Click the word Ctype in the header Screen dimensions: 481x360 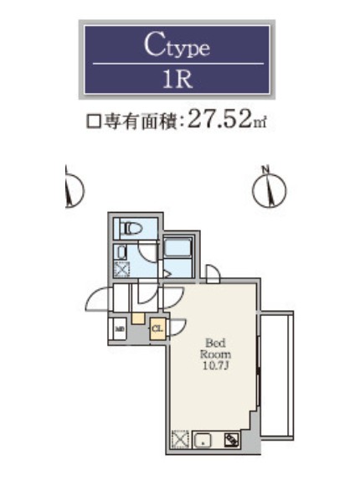[x=176, y=46]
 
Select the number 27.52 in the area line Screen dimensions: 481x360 [x=220, y=120]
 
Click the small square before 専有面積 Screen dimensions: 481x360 [x=94, y=122]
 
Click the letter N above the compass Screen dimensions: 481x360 [x=265, y=170]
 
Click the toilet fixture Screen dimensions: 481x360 [x=132, y=228]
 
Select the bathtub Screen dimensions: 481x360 [x=177, y=248]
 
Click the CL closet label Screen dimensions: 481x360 [x=157, y=329]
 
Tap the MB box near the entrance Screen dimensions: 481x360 [x=120, y=328]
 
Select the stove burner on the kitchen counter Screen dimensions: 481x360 [x=231, y=439]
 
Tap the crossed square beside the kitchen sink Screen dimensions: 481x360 [x=180, y=439]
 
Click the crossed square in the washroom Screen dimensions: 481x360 [x=122, y=270]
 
